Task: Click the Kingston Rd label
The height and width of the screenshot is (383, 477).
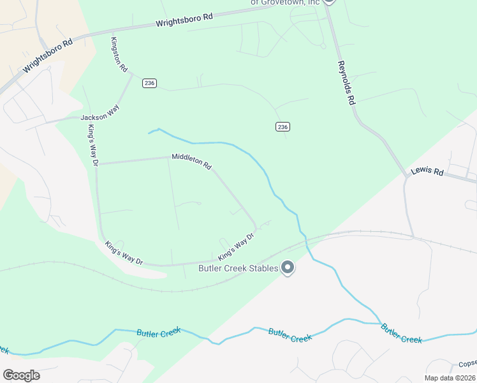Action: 119,55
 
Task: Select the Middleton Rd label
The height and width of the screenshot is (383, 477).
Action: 191,161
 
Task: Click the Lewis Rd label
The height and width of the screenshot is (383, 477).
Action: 427,172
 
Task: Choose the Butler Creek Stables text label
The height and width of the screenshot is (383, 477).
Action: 237,268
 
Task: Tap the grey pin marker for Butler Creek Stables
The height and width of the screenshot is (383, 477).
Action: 288,267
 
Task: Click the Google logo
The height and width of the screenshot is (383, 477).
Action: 21,375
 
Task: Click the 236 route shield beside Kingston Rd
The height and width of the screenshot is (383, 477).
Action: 149,84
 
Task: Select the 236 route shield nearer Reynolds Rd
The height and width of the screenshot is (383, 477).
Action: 283,127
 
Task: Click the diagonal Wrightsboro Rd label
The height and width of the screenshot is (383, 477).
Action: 48,56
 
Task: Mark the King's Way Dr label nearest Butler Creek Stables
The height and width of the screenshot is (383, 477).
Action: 236,246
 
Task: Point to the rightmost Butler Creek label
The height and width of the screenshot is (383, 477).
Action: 402,333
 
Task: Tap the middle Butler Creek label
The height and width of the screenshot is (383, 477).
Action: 290,334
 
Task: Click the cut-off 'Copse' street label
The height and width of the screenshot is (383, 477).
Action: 467,364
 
